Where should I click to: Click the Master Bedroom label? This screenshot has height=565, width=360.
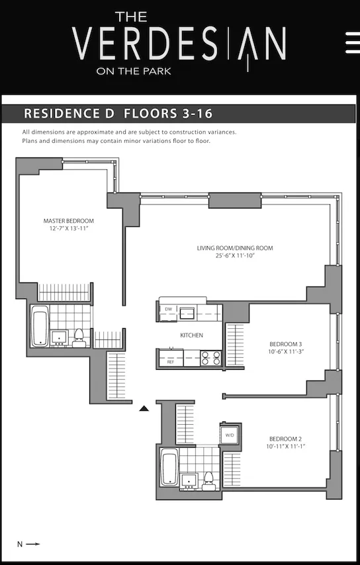click(68, 221)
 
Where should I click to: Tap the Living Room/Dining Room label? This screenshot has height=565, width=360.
click(234, 248)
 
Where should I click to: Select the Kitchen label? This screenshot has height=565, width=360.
click(191, 335)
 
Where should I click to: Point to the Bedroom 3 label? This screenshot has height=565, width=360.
click(285, 344)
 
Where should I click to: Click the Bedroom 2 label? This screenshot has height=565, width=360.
click(286, 439)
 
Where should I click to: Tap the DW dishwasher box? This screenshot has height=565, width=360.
click(168, 310)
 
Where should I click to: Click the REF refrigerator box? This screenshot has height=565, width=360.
click(170, 362)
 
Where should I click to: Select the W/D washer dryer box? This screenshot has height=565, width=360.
click(230, 435)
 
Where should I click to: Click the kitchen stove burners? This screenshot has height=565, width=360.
click(210, 358)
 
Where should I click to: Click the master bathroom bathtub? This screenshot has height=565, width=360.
click(40, 325)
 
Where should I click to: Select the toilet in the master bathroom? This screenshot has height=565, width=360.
click(79, 335)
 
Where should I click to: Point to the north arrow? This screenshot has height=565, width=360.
click(29, 544)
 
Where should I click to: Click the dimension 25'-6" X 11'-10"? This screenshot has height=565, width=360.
click(234, 256)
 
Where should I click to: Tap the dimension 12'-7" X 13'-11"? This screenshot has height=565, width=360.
click(68, 228)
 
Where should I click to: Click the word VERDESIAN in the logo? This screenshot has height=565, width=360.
click(179, 44)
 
